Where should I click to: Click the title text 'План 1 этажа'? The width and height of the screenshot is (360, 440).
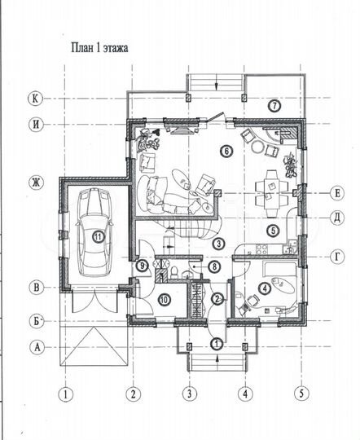point(99,48)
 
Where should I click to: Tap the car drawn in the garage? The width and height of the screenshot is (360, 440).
point(94,232)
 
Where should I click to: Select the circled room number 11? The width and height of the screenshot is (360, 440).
point(98,237)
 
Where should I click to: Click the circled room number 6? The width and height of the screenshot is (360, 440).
point(226,152)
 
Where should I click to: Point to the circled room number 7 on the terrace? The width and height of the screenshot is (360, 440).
point(274,106)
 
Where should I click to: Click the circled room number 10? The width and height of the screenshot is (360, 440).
point(165,300)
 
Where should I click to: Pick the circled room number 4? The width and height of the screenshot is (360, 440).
point(265,288)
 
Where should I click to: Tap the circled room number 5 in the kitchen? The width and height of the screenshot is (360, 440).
point(273,231)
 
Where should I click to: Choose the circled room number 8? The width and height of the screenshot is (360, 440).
point(215,266)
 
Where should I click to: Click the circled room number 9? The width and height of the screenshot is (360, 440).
point(143,265)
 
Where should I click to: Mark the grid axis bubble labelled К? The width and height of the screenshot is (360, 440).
point(35,99)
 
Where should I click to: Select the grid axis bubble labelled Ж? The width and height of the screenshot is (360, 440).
point(37,183)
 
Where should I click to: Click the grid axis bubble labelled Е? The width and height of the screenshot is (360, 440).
point(337,193)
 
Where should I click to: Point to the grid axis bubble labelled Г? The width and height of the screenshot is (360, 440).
point(337,257)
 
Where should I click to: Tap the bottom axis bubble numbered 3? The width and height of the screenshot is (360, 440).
point(190,394)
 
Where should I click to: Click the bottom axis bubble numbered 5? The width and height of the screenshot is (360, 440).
point(301,394)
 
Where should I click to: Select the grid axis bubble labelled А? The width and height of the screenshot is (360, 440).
point(37,347)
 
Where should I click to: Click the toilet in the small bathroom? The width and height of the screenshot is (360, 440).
point(174,271)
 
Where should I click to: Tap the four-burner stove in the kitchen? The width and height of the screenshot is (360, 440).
point(261,249)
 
